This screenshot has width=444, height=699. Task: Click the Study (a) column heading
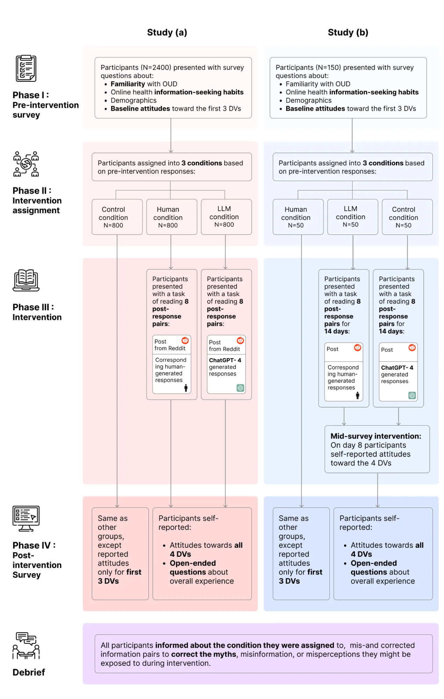pos(167,33)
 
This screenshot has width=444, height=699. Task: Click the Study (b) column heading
pos(348,33)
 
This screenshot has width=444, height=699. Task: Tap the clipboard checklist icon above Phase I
pos(26,68)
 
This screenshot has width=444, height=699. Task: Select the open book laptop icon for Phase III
pos(26,280)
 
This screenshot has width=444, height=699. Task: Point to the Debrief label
pos(29,672)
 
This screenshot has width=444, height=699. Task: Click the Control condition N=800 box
pos(117,217)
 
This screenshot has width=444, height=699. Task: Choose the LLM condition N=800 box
pos(226,217)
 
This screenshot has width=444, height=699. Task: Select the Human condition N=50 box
pos(298,217)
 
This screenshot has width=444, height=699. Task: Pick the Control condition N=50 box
pos(407,217)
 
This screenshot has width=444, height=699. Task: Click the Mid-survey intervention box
pos(377,449)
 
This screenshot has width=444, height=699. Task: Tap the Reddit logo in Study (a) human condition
pos(185,340)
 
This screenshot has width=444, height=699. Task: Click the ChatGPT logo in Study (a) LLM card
pos(240,388)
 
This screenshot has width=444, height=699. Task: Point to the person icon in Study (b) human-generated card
pos(357,395)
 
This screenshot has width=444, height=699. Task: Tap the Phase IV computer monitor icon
pos(26,519)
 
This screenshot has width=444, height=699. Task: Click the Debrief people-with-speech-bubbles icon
pos(26,646)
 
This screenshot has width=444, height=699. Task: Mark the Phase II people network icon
pos(26,164)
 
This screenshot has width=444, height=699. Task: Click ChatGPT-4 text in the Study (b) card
pos(397,368)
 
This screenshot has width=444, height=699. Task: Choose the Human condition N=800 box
pos(172,217)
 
